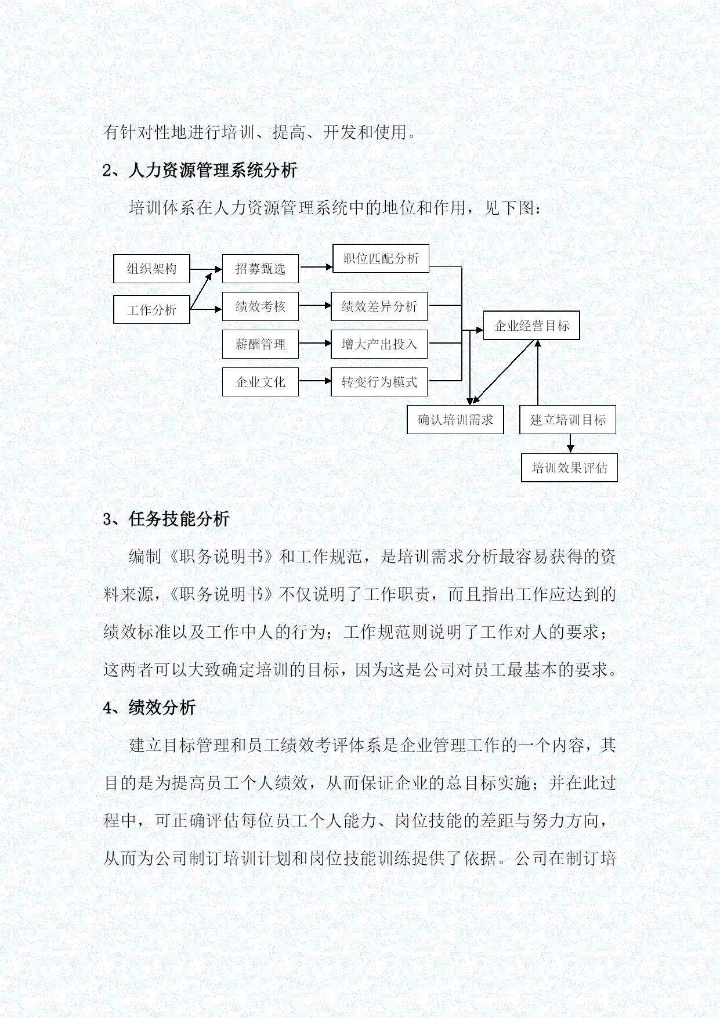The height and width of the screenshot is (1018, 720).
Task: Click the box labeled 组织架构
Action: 151,269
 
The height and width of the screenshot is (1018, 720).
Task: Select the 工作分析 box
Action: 151,309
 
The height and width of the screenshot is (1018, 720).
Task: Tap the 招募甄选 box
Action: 260,269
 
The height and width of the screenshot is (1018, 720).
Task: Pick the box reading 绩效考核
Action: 260,306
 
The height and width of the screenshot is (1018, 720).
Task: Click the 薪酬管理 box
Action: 260,344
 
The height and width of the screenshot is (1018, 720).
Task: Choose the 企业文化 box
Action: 260,382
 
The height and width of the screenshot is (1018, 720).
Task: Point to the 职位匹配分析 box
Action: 381,258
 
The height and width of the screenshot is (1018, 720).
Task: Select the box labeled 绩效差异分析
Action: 379,306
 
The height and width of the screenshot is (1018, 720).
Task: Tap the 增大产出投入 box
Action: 379,344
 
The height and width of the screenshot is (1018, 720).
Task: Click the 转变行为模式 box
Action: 379,382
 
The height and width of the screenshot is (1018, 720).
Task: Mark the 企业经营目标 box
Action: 531,326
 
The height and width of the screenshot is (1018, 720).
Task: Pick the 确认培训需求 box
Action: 455,420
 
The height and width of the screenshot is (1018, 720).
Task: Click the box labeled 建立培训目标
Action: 568,420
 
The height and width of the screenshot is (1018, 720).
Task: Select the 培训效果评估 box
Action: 570,468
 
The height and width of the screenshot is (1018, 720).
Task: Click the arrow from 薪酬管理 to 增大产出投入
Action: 315,344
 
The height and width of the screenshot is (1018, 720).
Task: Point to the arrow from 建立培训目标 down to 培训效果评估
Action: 571,443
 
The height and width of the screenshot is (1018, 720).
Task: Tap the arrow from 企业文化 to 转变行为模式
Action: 315,381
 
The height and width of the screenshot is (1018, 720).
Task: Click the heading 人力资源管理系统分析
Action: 213,170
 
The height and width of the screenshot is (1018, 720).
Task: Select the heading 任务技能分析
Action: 179,518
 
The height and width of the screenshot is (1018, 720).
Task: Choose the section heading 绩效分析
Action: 162,707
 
